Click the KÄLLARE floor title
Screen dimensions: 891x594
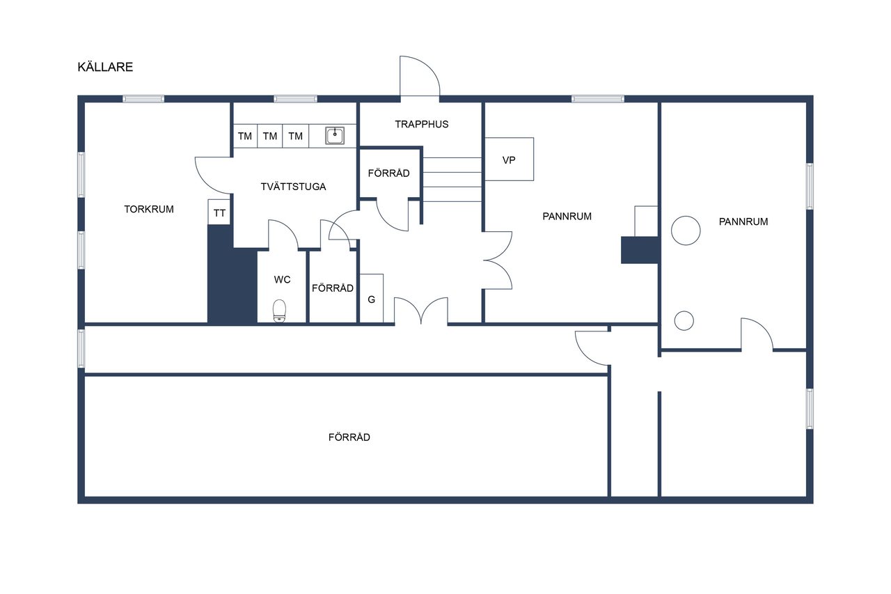(x=105, y=67)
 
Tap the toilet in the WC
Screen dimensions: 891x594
(x=279, y=311)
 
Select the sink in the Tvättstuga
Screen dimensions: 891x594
(x=335, y=135)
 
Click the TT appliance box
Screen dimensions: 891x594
(x=219, y=212)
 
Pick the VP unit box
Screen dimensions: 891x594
(x=509, y=159)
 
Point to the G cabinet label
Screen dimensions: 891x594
(x=371, y=299)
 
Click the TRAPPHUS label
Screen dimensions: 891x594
(x=422, y=124)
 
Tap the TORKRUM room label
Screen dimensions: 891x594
(x=149, y=210)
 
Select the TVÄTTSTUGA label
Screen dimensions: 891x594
(x=293, y=187)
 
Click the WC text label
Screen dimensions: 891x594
(x=282, y=280)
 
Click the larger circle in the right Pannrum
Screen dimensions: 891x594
(x=686, y=230)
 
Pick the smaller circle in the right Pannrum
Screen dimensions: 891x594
(x=684, y=320)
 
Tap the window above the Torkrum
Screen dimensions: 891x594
(x=143, y=99)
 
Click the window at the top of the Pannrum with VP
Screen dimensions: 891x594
(x=598, y=99)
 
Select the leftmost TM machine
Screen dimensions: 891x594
(x=245, y=136)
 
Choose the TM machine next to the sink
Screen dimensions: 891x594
(x=296, y=136)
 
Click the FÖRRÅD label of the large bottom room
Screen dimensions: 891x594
(x=349, y=437)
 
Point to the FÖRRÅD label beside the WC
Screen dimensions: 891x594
(x=333, y=288)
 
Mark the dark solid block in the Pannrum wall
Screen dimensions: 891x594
(x=639, y=250)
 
